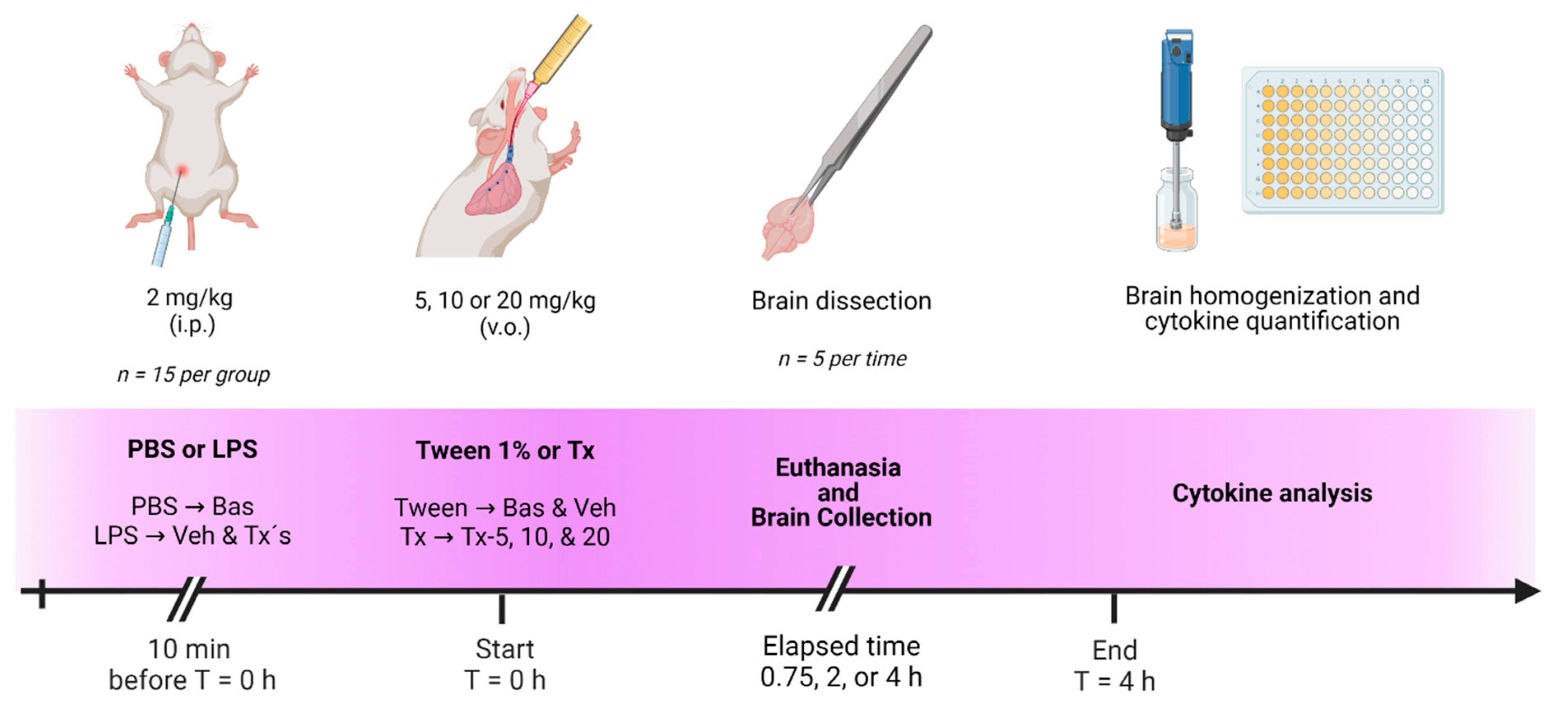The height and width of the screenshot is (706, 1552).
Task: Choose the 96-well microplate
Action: [1343, 140]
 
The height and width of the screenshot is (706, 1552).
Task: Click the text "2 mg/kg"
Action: [190, 297]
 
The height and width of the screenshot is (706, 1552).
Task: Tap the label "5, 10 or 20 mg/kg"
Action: [505, 300]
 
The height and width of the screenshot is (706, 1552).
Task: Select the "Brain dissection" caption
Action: [841, 301]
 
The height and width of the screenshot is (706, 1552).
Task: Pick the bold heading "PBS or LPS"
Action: [192, 449]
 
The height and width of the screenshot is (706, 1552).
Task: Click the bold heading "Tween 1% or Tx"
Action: [505, 451]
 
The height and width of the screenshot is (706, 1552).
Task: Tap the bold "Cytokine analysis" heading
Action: [1272, 493]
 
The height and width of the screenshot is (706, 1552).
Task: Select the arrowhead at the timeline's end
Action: [1527, 591]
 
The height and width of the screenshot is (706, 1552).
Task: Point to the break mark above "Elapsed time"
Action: [835, 588]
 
